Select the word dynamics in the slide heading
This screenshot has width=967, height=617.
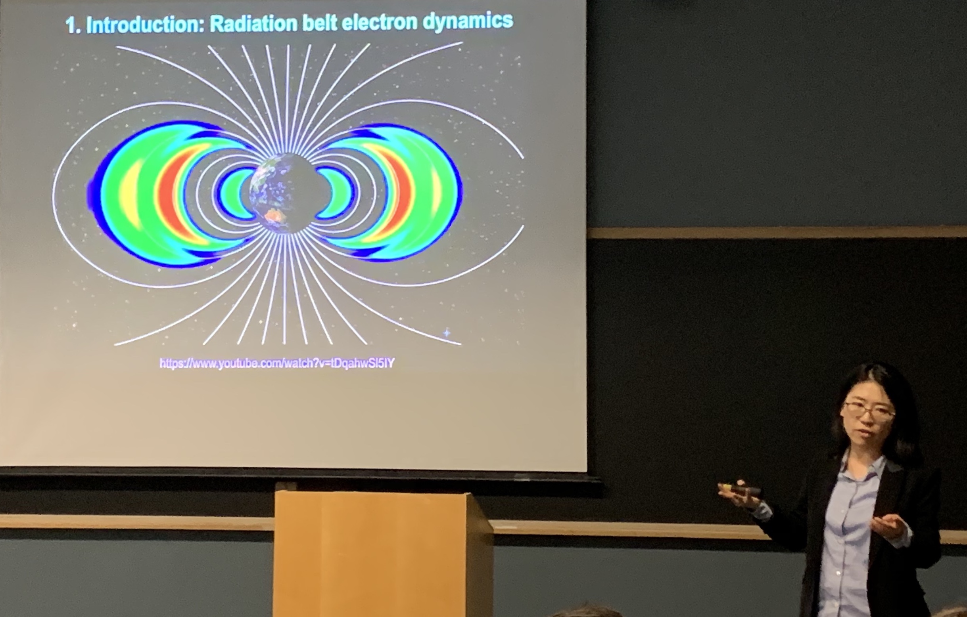pos(468,21)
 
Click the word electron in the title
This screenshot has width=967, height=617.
pos(380,22)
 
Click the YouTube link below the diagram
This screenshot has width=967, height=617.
pos(277,363)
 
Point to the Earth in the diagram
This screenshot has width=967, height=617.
pos(285,194)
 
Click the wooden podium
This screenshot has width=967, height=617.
pos(382,554)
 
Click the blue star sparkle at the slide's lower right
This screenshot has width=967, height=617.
pos(447,332)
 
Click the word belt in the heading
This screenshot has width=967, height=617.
pos(320,23)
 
